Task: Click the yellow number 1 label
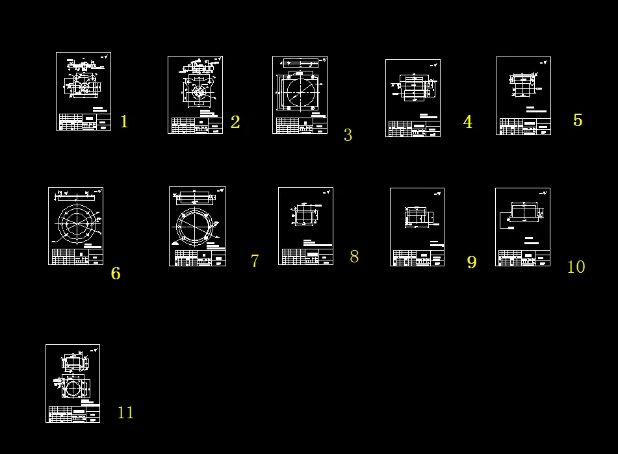124,121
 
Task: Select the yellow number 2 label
235,122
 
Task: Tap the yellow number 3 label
348,135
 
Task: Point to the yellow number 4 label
467,122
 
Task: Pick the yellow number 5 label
577,120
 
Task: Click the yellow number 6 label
115,273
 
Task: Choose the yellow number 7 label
255,261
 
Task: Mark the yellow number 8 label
354,257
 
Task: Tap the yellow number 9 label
472,262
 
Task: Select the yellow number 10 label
576,267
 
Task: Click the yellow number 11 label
125,412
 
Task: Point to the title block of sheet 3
300,125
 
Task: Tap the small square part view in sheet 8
304,215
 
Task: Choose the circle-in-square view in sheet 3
300,92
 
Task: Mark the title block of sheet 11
73,414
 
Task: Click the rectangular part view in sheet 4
412,87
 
